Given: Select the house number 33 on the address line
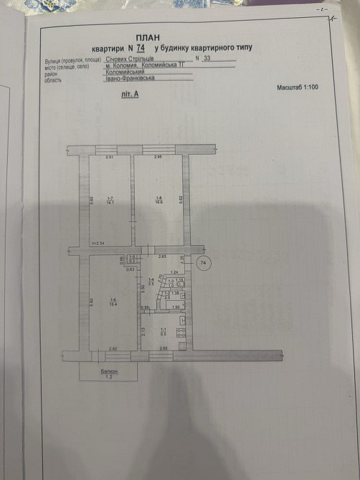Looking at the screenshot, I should tap(208, 57).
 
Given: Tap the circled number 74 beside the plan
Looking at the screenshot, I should tap(204, 263).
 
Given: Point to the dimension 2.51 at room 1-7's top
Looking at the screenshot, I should tap(110, 157).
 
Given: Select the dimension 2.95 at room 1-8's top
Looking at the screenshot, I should tap(159, 157).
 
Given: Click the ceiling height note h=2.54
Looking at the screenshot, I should tap(98, 245).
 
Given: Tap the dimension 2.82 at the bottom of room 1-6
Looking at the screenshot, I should tap(113, 348).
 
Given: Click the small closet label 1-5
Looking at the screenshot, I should tap(132, 258).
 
